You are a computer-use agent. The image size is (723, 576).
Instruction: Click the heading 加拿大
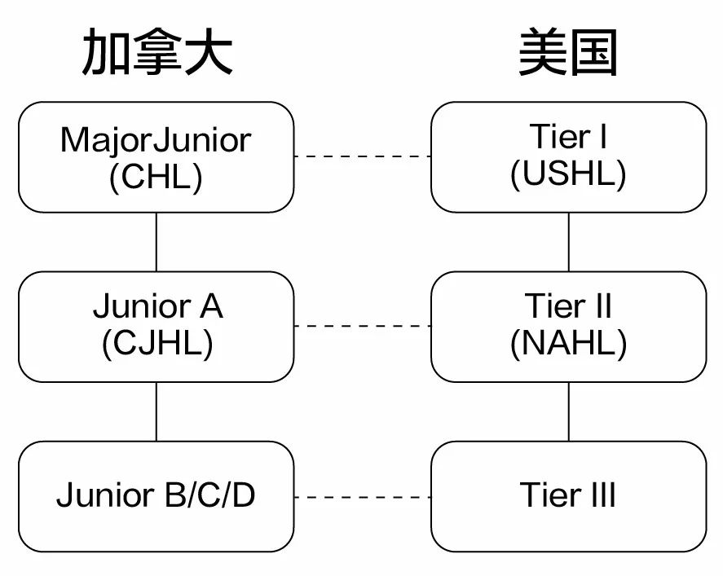pyautogui.click(x=157, y=55)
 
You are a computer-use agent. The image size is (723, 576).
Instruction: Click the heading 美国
pyautogui.click(x=568, y=55)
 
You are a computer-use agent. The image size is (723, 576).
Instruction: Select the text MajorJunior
pyautogui.click(x=156, y=139)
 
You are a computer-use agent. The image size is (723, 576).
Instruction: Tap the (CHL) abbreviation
pyautogui.click(x=156, y=176)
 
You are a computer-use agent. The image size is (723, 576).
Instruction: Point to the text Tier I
pyautogui.click(x=568, y=137)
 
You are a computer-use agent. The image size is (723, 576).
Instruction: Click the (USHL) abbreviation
pyautogui.click(x=568, y=174)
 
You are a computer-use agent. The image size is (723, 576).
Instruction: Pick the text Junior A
pyautogui.click(x=157, y=306)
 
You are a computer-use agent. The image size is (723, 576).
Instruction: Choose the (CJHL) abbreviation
pyautogui.click(x=157, y=343)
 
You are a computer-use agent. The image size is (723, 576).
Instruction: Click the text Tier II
pyautogui.click(x=568, y=306)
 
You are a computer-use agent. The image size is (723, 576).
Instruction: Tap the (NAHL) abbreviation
pyautogui.click(x=568, y=343)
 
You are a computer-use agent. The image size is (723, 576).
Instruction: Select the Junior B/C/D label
pyautogui.click(x=156, y=495)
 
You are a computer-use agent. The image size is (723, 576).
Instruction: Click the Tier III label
pyautogui.click(x=568, y=495)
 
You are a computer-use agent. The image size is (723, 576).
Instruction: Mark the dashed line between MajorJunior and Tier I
pyautogui.click(x=362, y=156)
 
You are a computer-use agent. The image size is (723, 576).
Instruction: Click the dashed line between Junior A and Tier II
pyautogui.click(x=362, y=326)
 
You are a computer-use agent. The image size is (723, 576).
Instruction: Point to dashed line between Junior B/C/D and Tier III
pyautogui.click(x=362, y=497)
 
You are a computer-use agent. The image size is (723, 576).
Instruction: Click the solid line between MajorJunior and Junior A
pyautogui.click(x=157, y=242)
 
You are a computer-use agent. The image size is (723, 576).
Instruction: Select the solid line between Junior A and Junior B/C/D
pyautogui.click(x=157, y=411)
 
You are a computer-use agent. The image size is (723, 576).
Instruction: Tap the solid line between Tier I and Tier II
pyautogui.click(x=569, y=242)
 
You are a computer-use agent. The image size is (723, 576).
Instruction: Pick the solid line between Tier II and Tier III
pyautogui.click(x=569, y=411)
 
